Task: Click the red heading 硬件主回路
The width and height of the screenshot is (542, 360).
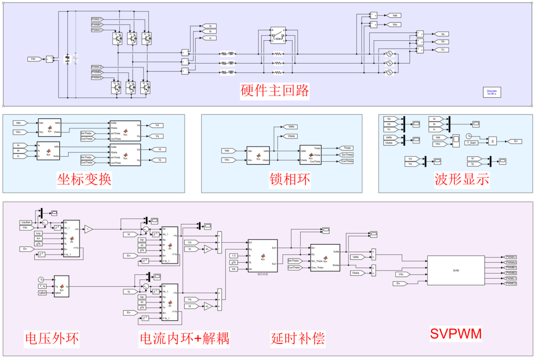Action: pyautogui.click(x=274, y=91)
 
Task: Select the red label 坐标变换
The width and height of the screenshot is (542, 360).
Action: pyautogui.click(x=84, y=179)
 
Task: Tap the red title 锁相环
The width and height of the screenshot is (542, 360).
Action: pyautogui.click(x=290, y=179)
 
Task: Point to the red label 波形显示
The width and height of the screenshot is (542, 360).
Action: pyautogui.click(x=462, y=179)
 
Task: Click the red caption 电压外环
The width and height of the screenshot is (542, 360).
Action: pyautogui.click(x=52, y=338)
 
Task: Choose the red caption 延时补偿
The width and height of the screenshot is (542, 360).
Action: pyautogui.click(x=298, y=338)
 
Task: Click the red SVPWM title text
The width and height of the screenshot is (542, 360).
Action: pyautogui.click(x=456, y=334)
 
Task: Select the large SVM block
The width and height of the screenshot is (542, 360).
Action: pyautogui.click(x=456, y=271)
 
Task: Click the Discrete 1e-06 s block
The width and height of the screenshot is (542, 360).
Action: pyautogui.click(x=492, y=92)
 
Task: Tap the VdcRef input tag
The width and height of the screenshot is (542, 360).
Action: pyautogui.click(x=26, y=222)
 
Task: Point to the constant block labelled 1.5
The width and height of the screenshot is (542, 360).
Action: pyautogui.click(x=234, y=256)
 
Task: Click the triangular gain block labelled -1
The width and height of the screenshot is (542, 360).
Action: pyautogui.click(x=88, y=229)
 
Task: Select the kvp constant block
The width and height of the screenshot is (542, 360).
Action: pyautogui.click(x=39, y=233)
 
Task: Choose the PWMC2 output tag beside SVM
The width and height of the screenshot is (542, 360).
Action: pyautogui.click(x=511, y=283)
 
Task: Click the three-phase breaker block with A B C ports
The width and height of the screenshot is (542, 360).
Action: pyautogui.click(x=278, y=35)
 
